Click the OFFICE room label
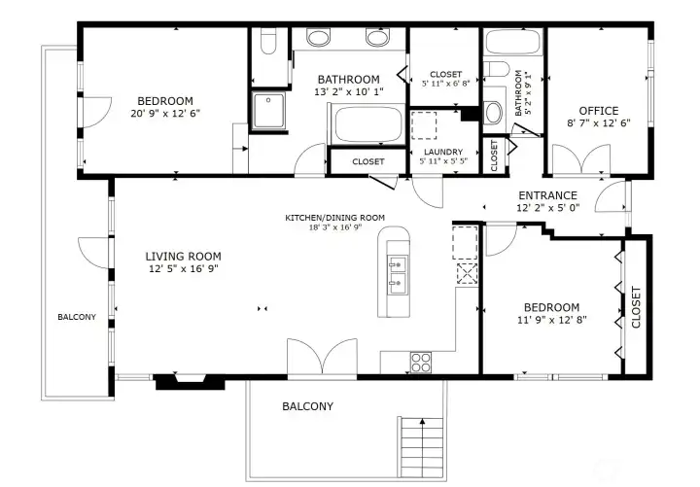(x=599, y=111)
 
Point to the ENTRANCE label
(x=547, y=195)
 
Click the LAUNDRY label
(x=442, y=152)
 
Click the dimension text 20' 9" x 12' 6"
(x=164, y=114)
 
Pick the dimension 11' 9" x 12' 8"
(x=551, y=320)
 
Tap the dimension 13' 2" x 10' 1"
(x=350, y=92)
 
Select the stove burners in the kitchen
(x=421, y=362)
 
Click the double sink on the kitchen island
(x=397, y=274)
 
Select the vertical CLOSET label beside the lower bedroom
(x=637, y=307)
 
